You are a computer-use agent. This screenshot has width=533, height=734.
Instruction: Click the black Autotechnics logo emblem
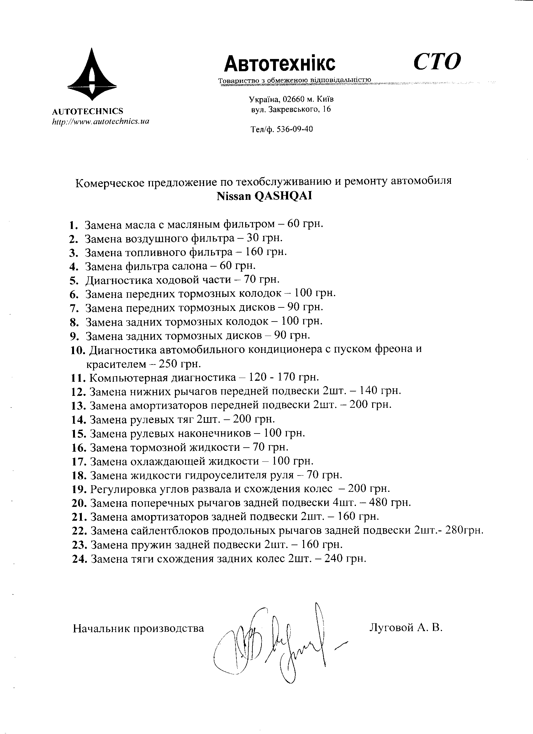click(92, 75)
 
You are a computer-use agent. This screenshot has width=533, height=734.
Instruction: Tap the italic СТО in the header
click(437, 61)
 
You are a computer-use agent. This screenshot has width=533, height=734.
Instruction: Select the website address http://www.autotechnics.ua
click(101, 122)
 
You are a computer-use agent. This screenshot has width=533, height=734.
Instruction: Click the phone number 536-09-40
click(295, 130)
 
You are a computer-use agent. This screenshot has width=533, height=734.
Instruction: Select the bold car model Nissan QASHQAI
click(264, 196)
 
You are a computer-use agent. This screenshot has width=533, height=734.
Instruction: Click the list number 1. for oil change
click(73, 225)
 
